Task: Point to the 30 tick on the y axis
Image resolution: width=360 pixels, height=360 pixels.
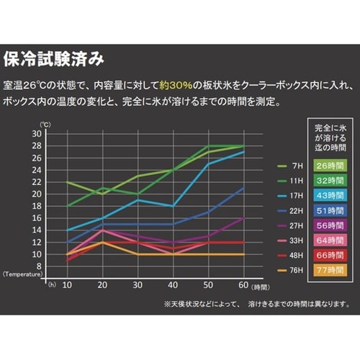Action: click(35, 134)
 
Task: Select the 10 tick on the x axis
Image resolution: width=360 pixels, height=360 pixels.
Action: click(67, 285)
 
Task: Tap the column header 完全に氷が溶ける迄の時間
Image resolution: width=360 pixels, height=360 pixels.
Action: click(330, 137)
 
